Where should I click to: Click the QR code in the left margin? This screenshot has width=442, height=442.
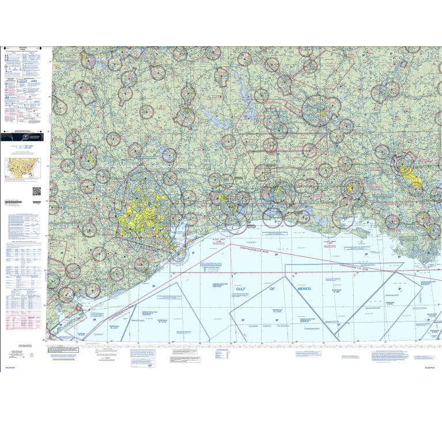(36, 191)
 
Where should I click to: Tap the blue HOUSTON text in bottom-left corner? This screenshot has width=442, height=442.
(10, 367)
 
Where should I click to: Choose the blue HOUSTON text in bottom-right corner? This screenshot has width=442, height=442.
(432, 367)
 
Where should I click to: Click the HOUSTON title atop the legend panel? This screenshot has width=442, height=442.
(23, 49)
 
